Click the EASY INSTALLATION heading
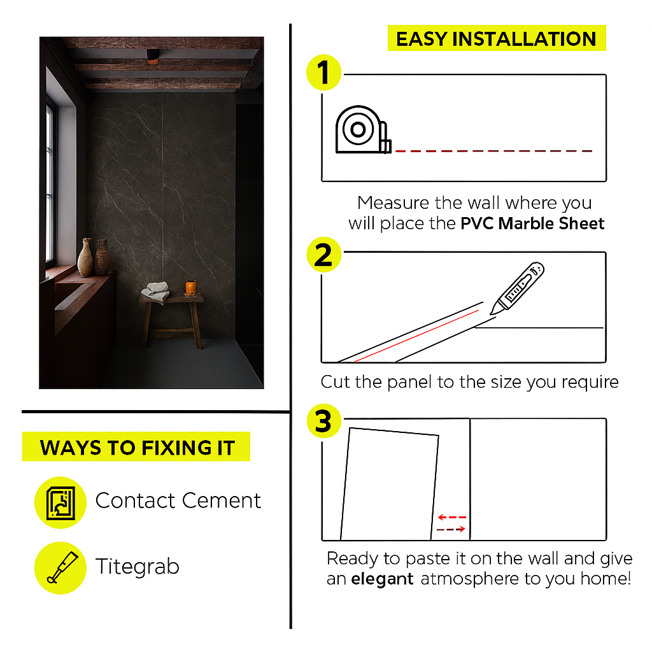coord(496,39)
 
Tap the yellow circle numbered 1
coord(323,73)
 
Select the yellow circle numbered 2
coord(323,255)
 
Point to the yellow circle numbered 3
coord(323,421)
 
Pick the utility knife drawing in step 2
coord(517,288)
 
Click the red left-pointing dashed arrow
coord(452,517)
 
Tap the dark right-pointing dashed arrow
coord(451,529)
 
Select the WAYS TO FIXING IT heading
coord(137,448)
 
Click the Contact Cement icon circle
coord(60,502)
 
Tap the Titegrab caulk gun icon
coord(60,568)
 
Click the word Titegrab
coord(138,567)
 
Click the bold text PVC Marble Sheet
coord(532,223)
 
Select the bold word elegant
coord(382,579)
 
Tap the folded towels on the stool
coord(156,292)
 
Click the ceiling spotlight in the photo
coord(153,57)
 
